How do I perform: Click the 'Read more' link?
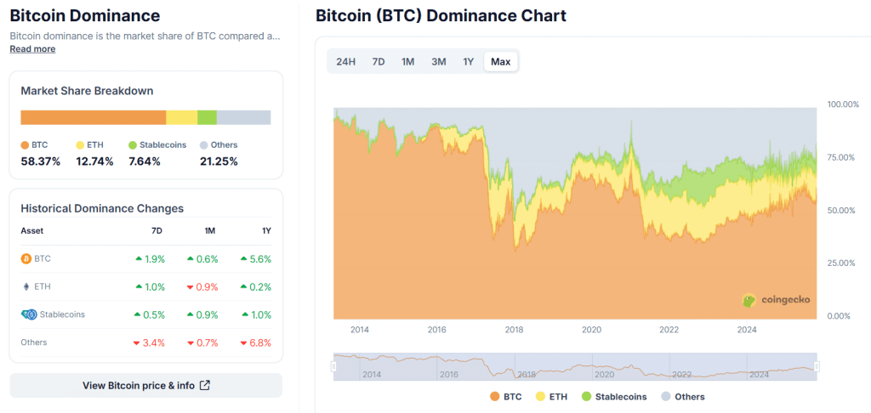[32, 49]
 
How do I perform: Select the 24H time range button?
[346, 61]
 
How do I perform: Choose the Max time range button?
[500, 61]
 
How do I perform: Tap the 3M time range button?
[439, 61]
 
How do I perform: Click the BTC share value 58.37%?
[40, 161]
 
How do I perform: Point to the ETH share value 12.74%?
[94, 161]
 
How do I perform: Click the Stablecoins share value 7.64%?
[145, 161]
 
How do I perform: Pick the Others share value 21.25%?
[219, 161]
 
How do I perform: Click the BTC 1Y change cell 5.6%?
[256, 258]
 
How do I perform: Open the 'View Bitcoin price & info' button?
[145, 385]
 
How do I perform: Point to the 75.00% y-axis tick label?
[843, 157]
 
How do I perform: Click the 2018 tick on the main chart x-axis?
[514, 330]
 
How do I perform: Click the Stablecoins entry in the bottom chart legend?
[614, 397]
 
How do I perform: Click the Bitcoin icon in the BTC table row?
[26, 258]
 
